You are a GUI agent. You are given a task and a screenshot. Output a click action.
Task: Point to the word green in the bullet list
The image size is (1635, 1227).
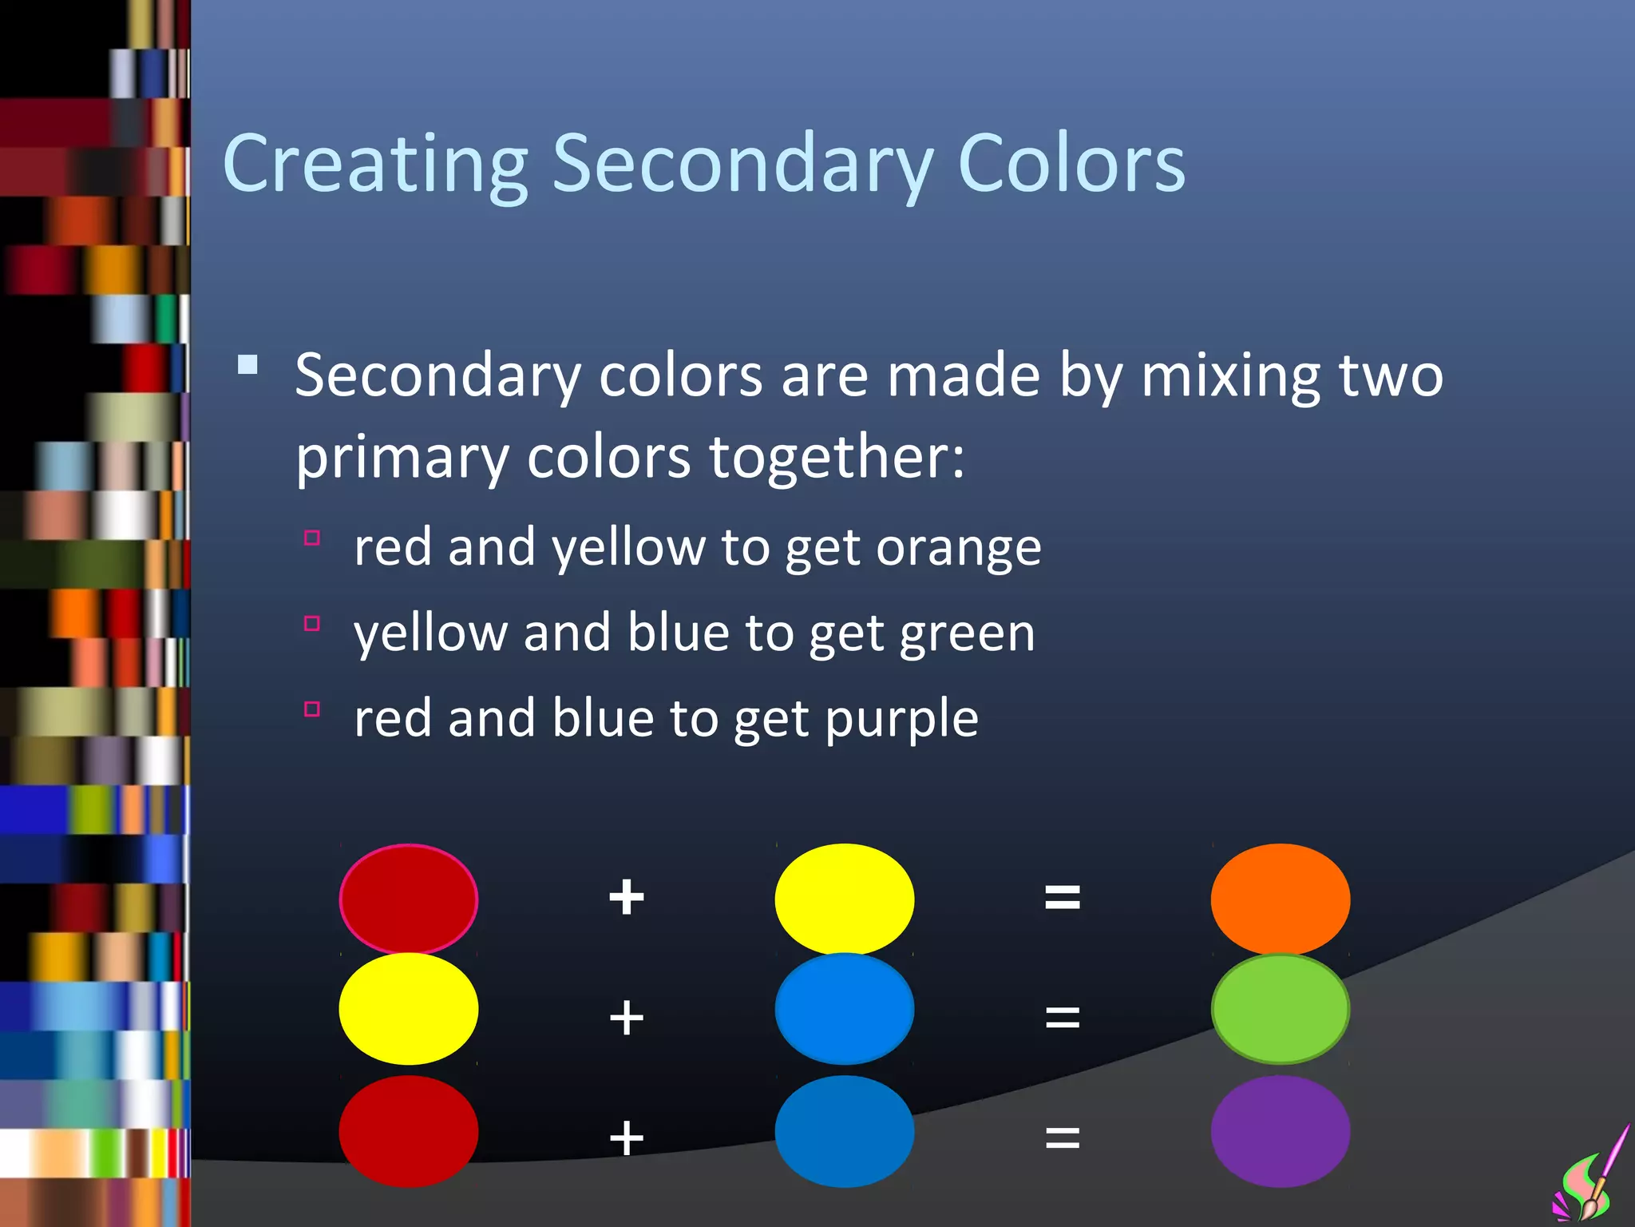pos(967,634)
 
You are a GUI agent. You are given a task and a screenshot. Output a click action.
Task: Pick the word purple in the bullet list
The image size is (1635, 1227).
pos(901,719)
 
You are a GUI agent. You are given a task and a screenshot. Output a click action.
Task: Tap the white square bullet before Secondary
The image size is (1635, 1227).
pos(247,365)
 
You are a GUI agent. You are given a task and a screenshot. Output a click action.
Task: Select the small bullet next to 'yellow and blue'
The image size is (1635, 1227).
pos(312,623)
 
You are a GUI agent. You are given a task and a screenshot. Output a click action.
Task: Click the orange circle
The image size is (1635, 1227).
pos(1280,899)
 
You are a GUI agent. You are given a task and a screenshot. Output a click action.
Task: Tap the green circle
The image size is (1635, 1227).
pos(1280,1009)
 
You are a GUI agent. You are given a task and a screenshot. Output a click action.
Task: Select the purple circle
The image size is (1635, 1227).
pos(1280,1130)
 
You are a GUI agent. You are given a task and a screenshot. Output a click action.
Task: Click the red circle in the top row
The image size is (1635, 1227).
pos(408,899)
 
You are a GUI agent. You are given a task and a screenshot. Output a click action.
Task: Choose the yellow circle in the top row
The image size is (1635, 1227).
pos(844,899)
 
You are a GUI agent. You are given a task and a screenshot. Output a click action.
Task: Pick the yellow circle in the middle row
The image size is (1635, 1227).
pos(408,1009)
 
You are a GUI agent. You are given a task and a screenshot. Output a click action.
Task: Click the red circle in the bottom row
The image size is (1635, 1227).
pos(408,1130)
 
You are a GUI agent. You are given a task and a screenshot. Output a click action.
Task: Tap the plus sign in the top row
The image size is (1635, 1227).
pos(627,897)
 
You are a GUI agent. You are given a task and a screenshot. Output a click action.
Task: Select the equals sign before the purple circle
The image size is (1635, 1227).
pos(1063,1137)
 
